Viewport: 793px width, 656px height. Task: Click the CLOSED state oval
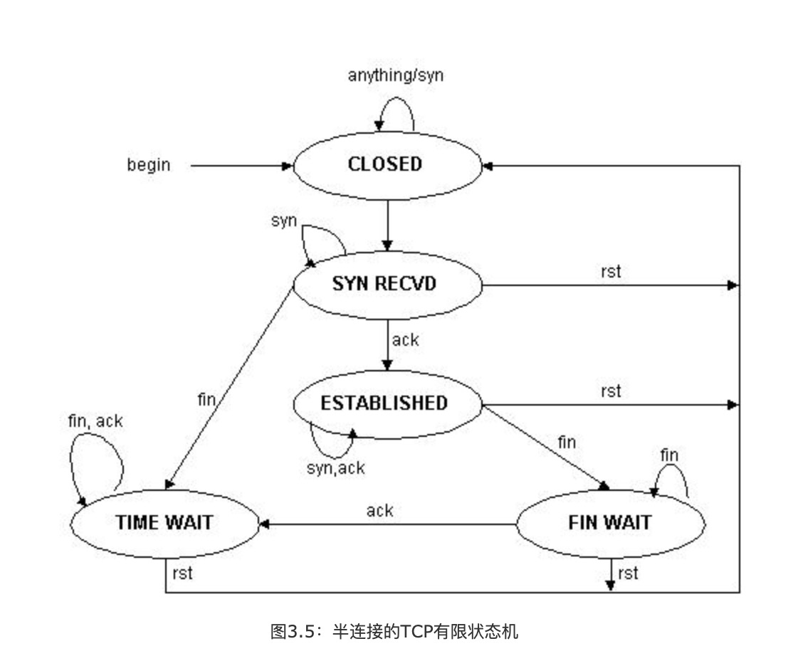pyautogui.click(x=386, y=164)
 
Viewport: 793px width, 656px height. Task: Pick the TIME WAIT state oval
pyautogui.click(x=164, y=522)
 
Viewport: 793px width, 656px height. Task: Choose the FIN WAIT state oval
pyautogui.click(x=610, y=523)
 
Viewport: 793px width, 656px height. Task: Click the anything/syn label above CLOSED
pyautogui.click(x=395, y=75)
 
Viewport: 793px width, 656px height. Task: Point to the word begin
pyautogui.click(x=149, y=165)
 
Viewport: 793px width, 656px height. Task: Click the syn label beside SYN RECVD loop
pyautogui.click(x=284, y=221)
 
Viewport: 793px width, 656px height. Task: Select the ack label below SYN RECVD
pyautogui.click(x=406, y=339)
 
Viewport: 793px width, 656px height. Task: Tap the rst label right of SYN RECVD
pyautogui.click(x=611, y=272)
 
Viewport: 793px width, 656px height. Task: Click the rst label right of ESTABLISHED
pyautogui.click(x=611, y=391)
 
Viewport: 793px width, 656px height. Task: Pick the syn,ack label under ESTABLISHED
pyautogui.click(x=335, y=467)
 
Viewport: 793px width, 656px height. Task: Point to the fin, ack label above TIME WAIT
pyautogui.click(x=95, y=420)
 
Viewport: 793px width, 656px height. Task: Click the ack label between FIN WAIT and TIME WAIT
pyautogui.click(x=380, y=510)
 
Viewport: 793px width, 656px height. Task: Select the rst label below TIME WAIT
pyautogui.click(x=182, y=573)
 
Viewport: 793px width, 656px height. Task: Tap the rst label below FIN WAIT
pyautogui.click(x=628, y=573)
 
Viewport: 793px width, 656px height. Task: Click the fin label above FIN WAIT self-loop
pyautogui.click(x=669, y=455)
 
